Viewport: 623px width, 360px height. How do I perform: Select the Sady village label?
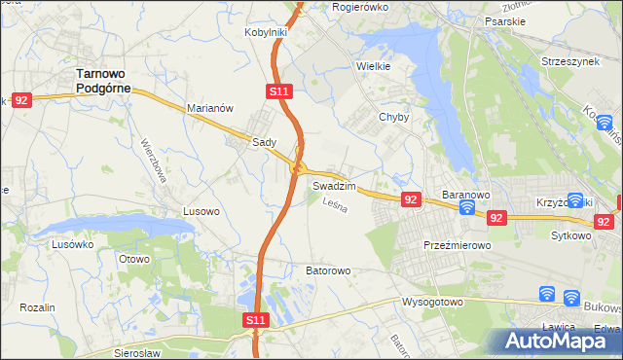264,142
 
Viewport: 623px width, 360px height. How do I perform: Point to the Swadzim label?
334,185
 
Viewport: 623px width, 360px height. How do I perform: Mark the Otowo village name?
133,259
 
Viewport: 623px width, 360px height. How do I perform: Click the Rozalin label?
37,307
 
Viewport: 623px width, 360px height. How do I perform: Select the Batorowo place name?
328,270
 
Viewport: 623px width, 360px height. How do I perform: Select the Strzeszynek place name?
572,60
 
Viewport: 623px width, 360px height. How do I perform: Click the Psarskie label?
504,18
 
